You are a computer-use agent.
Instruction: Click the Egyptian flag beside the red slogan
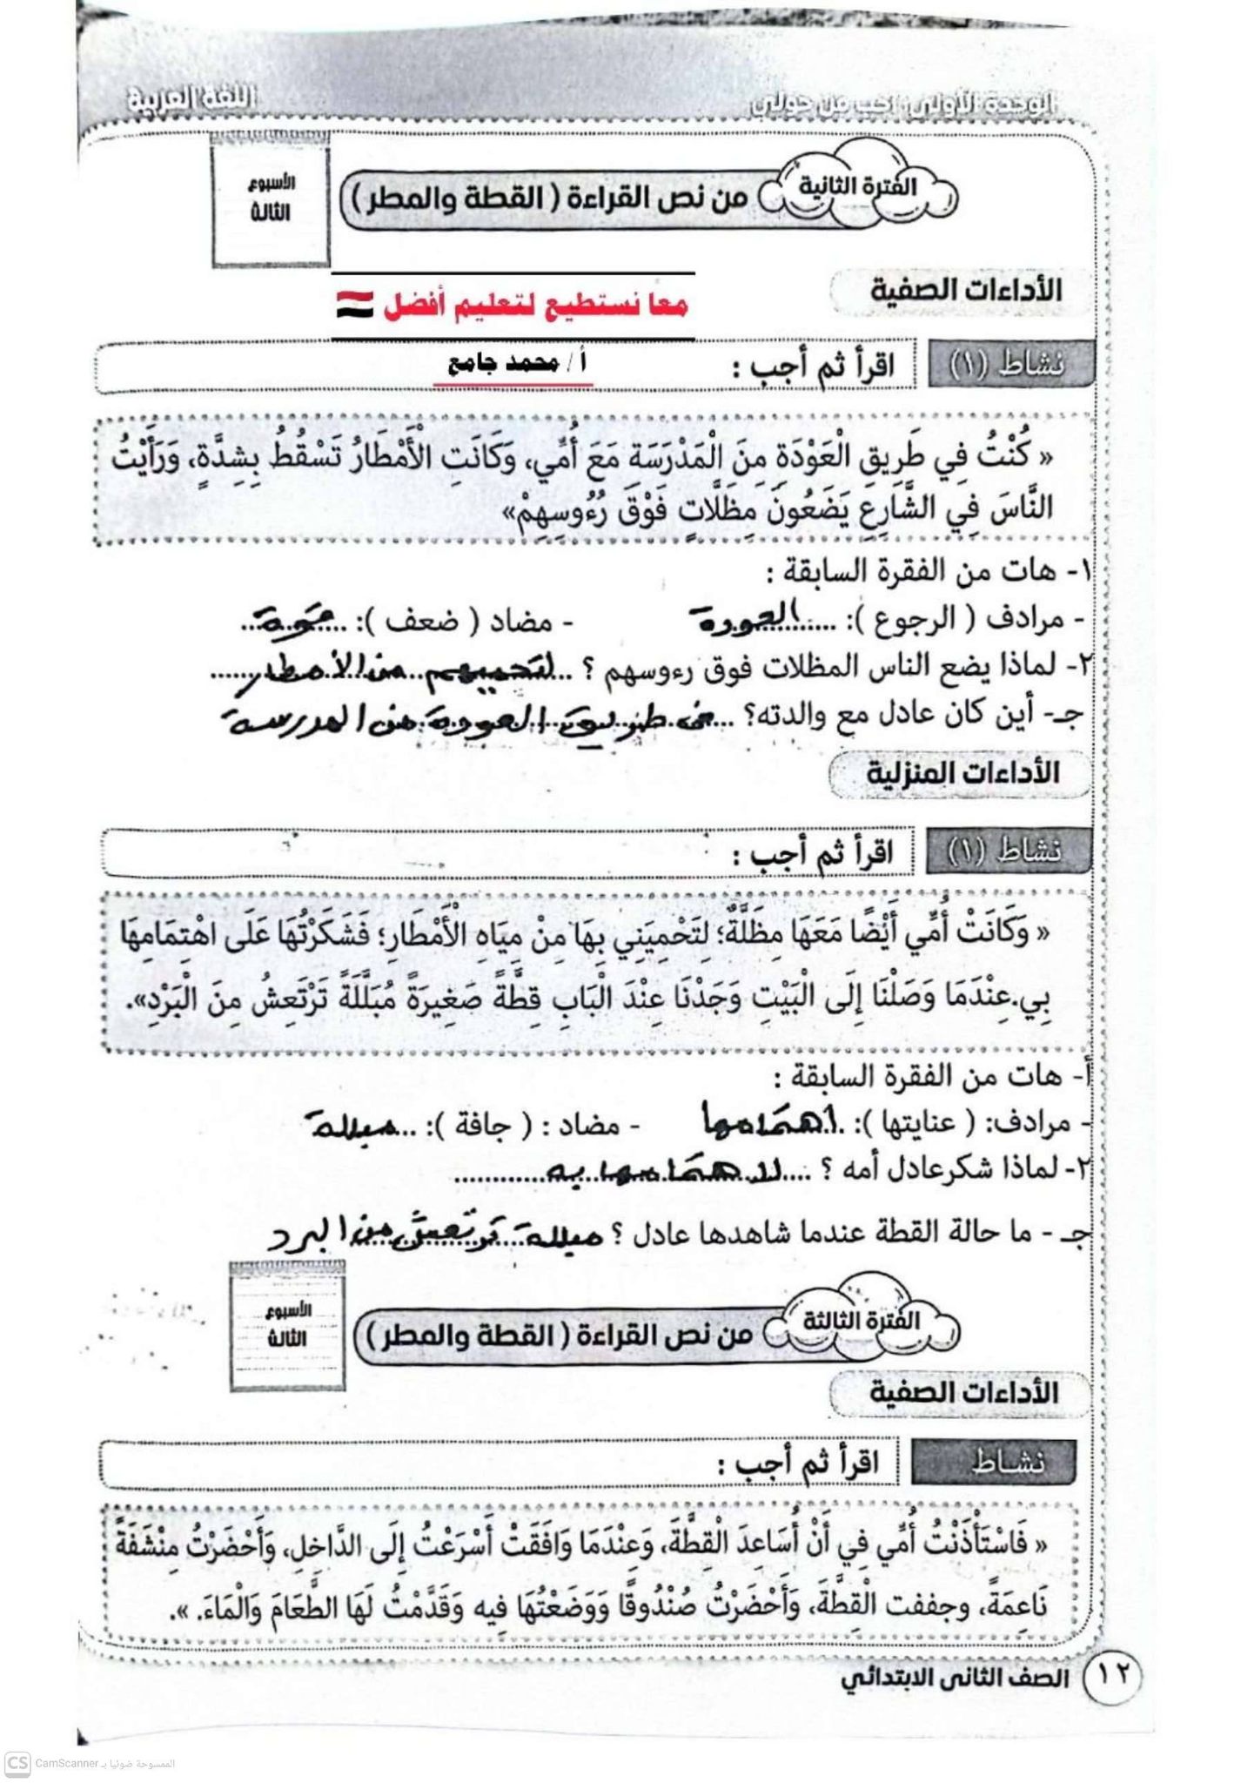point(355,305)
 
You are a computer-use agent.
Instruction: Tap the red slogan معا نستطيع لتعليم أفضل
point(535,305)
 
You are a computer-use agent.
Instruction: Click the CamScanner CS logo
point(17,1764)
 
